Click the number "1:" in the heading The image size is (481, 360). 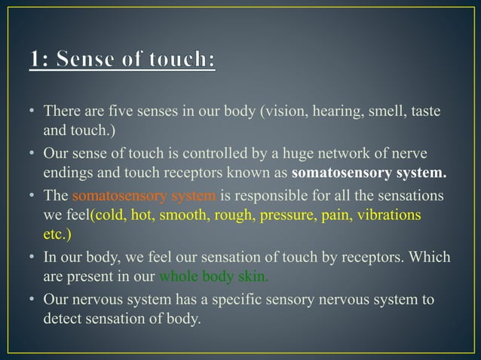tap(44, 58)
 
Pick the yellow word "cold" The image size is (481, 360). tap(110, 215)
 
